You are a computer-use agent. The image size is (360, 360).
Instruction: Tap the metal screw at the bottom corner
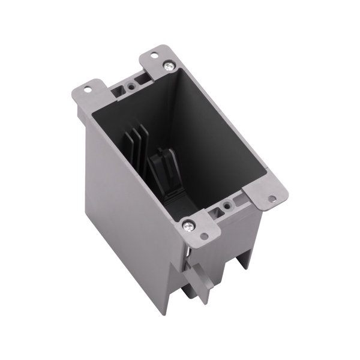[x=190, y=225]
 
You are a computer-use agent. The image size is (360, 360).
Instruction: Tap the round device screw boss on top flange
[x=130, y=85]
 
